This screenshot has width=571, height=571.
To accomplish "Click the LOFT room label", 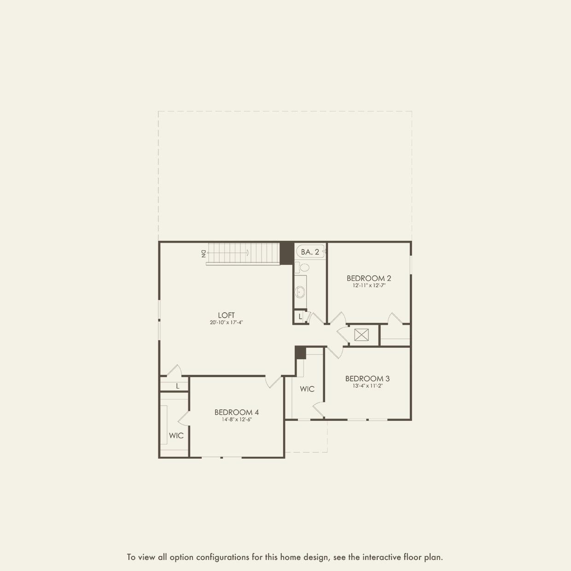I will (226, 315).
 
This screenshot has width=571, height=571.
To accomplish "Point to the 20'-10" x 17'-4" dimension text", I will (226, 323).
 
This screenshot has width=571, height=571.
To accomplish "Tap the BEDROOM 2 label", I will (368, 278).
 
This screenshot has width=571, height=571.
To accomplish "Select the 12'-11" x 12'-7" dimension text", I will (368, 285).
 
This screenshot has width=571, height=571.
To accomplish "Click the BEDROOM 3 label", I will (367, 379).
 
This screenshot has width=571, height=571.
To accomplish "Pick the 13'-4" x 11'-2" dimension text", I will (367, 386).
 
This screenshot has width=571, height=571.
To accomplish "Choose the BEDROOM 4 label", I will (236, 412).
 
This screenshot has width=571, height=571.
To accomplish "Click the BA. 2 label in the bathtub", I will (310, 252).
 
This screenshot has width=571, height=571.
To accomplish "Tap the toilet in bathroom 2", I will (303, 267).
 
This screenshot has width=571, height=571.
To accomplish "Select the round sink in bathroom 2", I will (300, 291).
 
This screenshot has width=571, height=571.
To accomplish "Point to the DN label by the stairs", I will (203, 253).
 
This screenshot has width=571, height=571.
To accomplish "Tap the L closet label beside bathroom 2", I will (300, 317).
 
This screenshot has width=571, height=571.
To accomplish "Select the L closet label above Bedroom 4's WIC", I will (177, 386).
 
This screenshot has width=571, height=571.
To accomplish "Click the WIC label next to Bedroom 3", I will (307, 389).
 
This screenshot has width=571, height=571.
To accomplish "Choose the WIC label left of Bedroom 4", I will (176, 436).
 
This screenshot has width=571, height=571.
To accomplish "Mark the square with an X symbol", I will (361, 335).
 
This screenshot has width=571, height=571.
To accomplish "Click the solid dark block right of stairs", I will (286, 253).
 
